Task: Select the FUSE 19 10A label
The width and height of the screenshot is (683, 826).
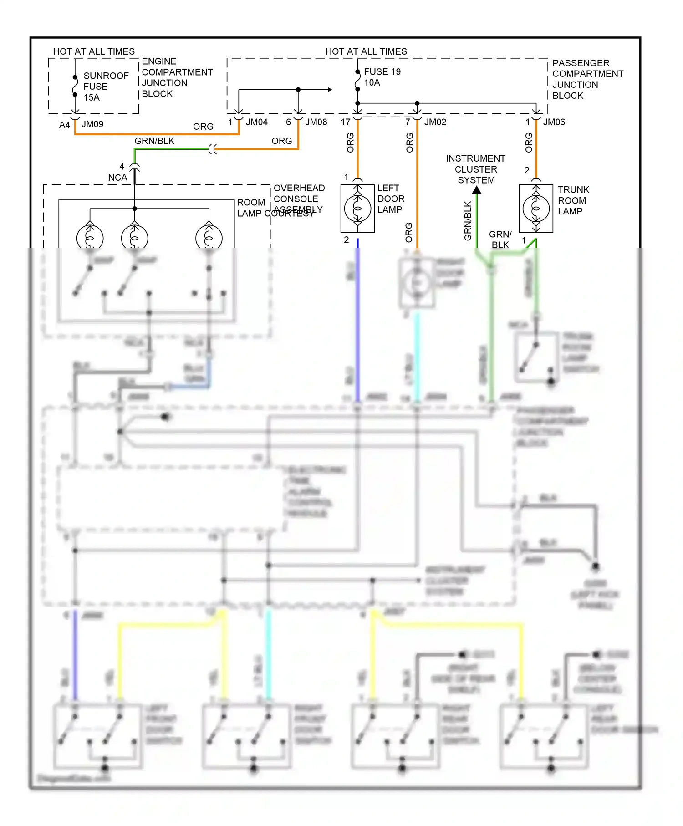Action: tap(382, 77)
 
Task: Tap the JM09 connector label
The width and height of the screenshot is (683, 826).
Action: tap(92, 124)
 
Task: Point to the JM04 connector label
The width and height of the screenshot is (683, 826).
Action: tap(256, 122)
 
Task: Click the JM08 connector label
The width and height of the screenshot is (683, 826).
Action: tap(316, 122)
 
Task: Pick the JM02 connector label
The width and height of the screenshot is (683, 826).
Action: tap(435, 122)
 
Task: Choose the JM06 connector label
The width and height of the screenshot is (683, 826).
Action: tap(554, 122)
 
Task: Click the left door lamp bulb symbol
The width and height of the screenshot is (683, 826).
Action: tap(357, 209)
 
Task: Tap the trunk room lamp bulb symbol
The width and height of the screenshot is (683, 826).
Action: tap(536, 209)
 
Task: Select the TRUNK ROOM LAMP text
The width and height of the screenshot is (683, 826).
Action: tap(573, 200)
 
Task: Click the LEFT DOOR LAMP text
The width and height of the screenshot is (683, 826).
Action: tap(390, 199)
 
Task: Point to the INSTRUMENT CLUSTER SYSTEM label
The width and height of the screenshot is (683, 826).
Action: tap(476, 169)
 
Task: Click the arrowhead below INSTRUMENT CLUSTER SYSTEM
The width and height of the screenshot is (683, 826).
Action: tap(476, 190)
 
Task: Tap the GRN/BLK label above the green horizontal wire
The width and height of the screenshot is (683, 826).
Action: tap(154, 141)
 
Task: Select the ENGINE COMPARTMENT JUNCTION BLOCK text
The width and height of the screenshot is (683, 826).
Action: tap(177, 77)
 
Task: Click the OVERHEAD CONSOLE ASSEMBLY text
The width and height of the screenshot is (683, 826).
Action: tap(299, 199)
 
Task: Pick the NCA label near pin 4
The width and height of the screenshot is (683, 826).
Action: tap(117, 178)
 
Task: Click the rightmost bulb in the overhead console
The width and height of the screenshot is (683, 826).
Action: tap(209, 237)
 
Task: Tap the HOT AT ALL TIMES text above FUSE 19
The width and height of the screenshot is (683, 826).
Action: tap(366, 51)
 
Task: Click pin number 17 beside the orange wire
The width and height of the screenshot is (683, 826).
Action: tap(345, 122)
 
